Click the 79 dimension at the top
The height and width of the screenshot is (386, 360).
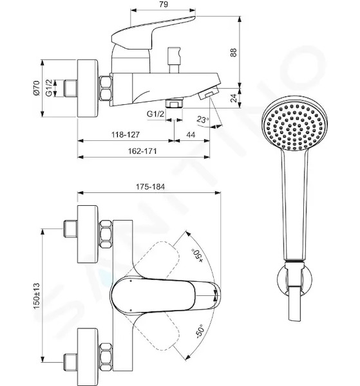[x=163, y=5]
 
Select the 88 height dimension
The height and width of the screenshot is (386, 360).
[x=233, y=52]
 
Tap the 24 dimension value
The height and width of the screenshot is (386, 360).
[x=233, y=98]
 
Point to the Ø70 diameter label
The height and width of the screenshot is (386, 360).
[x=36, y=87]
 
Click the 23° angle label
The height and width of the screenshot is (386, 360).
[x=203, y=120]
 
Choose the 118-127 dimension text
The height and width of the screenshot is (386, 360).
[x=126, y=134]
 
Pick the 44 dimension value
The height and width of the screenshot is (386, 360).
[x=191, y=134]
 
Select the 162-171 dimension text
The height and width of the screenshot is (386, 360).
[x=142, y=151]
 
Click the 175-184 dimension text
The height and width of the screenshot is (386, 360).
[x=150, y=187]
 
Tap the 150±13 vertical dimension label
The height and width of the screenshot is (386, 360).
[x=36, y=296]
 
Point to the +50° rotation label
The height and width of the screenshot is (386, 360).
[x=197, y=255]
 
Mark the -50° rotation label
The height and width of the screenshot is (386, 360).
[x=200, y=331]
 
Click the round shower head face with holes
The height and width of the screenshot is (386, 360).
[x=295, y=127]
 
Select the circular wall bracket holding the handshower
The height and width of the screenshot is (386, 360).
[x=295, y=280]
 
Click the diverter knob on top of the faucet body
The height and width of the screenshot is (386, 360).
[x=174, y=60]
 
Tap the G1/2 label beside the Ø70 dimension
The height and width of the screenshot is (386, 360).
[x=50, y=87]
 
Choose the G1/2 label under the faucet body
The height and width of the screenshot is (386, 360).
[x=155, y=114]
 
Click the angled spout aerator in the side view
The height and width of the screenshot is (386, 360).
[x=209, y=93]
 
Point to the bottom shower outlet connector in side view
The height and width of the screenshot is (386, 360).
[x=175, y=103]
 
